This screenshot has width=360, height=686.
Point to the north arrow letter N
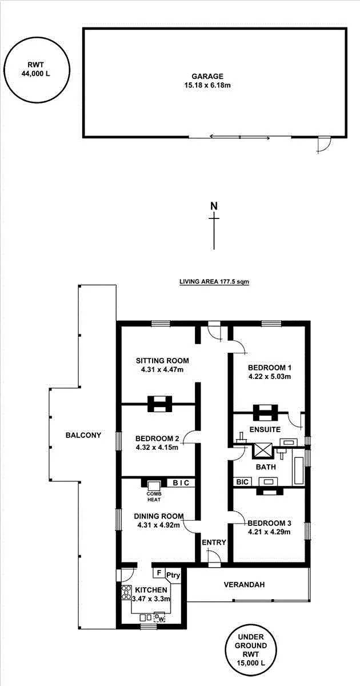tap(214, 206)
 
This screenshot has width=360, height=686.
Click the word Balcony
tap(83, 435)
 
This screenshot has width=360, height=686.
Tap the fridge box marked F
tap(158, 572)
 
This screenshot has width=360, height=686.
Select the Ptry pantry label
tap(173, 576)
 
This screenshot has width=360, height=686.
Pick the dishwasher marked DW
tap(160, 618)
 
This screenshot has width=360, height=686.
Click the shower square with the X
tap(263, 450)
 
